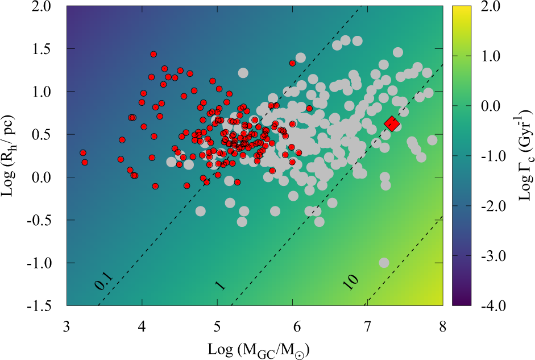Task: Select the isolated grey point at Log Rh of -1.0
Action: point(384,263)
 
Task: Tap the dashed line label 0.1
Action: point(102,283)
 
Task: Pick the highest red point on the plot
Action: point(154,55)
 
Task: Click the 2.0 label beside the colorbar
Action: point(491,6)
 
